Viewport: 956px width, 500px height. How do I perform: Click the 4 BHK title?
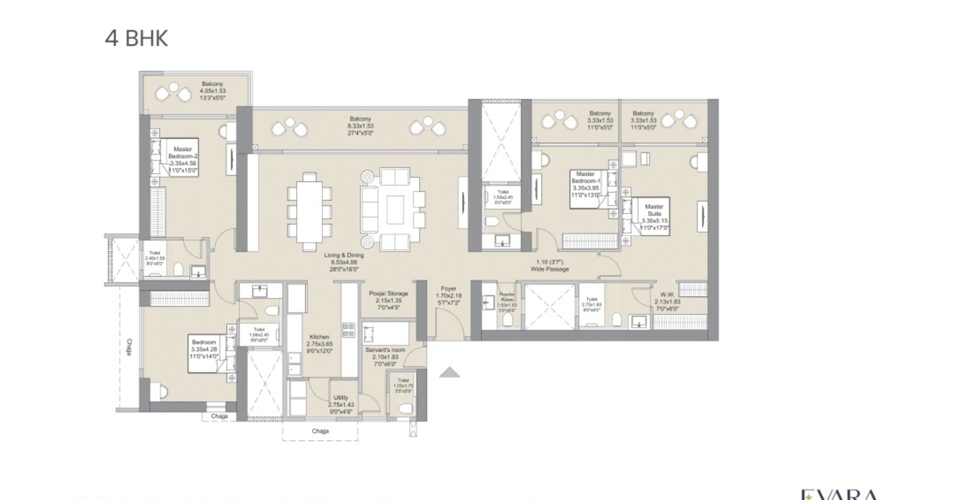coord(136,38)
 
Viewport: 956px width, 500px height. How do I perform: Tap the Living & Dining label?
coord(344,262)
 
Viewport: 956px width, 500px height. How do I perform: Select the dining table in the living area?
coord(309,212)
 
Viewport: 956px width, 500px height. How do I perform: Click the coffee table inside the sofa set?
coord(395,210)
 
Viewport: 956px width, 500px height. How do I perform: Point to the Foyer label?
coord(448,295)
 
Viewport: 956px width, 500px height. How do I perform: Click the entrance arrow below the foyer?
coord(449,372)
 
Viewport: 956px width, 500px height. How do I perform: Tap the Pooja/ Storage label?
coord(388,300)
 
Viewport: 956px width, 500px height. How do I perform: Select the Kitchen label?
coord(319,343)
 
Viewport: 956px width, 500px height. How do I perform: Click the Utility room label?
coord(341,404)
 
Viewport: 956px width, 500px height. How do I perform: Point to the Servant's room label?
coord(385,356)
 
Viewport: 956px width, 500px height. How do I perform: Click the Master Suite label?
coord(654,217)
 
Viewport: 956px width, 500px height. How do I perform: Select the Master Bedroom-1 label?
coord(585,184)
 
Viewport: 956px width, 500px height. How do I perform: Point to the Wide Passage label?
coord(549,266)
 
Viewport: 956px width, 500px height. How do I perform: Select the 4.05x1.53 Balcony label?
coord(212,91)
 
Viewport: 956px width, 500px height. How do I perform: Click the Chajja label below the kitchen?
coord(320,431)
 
